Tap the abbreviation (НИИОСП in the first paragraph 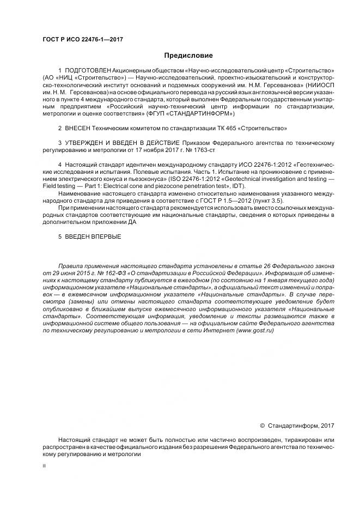(x=318, y=86)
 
